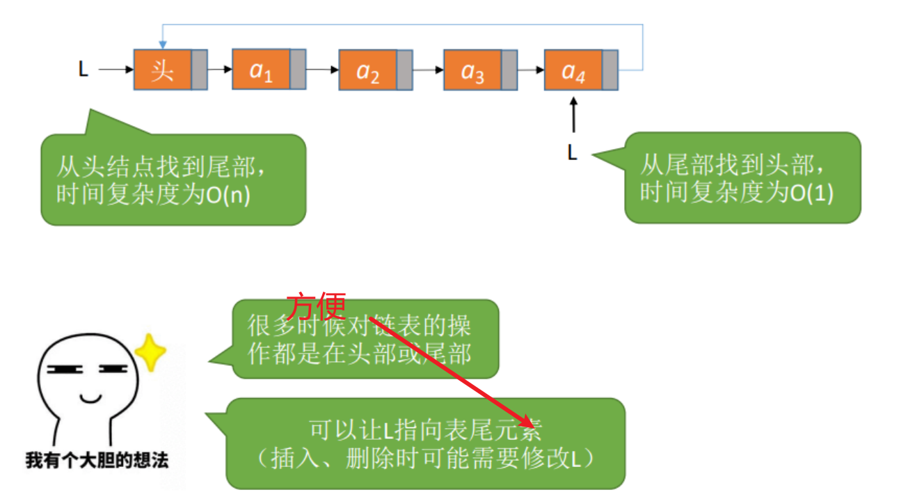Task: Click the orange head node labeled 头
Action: tap(162, 70)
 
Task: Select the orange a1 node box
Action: tap(261, 70)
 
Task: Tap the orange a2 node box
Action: tap(367, 70)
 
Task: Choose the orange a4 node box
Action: tap(573, 70)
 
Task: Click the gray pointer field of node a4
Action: tap(611, 70)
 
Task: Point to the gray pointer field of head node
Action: tap(200, 70)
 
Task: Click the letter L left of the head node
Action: tap(83, 70)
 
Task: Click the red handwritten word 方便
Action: tap(316, 307)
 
